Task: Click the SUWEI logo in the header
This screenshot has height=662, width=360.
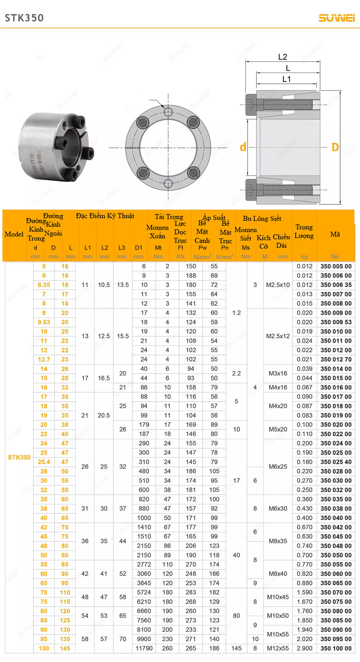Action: coord(337,18)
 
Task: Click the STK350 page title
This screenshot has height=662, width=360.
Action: coord(24,18)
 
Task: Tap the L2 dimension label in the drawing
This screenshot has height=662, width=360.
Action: coord(283,57)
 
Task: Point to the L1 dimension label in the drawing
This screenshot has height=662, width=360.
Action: coord(287,79)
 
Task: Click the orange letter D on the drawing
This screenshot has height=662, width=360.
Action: coord(335,147)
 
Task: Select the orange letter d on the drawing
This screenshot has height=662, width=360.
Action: coord(243,147)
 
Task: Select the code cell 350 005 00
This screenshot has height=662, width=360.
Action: coord(336,266)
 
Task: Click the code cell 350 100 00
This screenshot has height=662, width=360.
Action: coord(336,648)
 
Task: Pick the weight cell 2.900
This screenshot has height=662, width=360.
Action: coord(304,648)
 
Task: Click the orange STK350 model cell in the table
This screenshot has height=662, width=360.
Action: coord(19,457)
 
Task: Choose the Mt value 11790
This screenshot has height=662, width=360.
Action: coord(144,648)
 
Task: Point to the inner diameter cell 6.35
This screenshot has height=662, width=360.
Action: coord(44,285)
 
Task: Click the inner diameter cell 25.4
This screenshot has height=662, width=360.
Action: coord(44,462)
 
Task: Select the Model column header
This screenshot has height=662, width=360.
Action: coord(14,234)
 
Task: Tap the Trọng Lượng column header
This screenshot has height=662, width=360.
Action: coord(304,231)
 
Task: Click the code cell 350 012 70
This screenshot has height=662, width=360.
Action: coord(336,359)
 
